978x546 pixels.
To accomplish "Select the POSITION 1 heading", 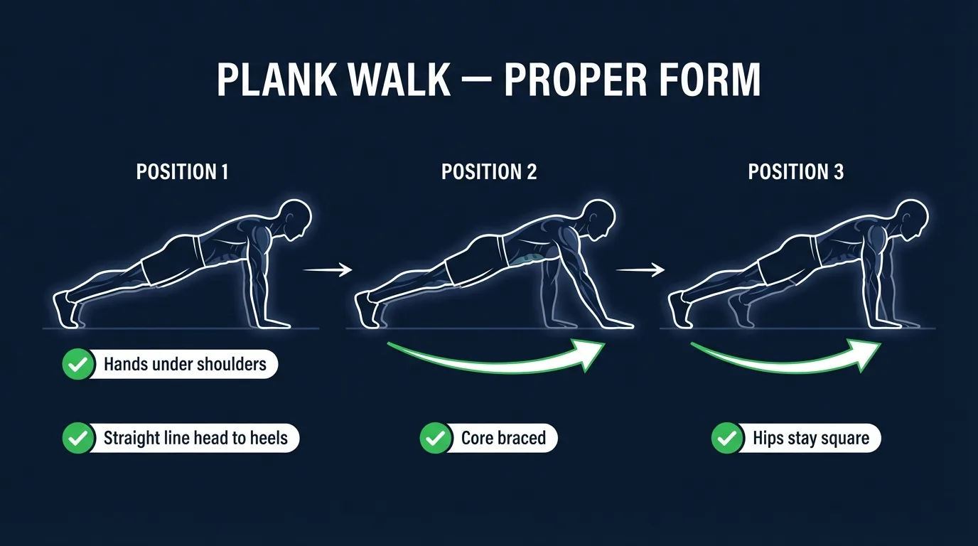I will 182,172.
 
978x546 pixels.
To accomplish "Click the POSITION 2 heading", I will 489,172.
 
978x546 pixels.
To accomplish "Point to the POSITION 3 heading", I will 795,172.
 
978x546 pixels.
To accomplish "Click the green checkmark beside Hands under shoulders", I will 77,365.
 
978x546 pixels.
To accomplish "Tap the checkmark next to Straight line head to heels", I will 77,438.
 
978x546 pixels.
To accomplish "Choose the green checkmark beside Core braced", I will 434,438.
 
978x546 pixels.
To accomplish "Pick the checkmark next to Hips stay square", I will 726,438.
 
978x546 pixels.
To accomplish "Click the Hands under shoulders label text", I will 185,365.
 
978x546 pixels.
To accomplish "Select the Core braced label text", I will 503,438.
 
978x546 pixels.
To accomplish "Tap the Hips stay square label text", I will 811,438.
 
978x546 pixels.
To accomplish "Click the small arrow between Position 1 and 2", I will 328,269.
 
